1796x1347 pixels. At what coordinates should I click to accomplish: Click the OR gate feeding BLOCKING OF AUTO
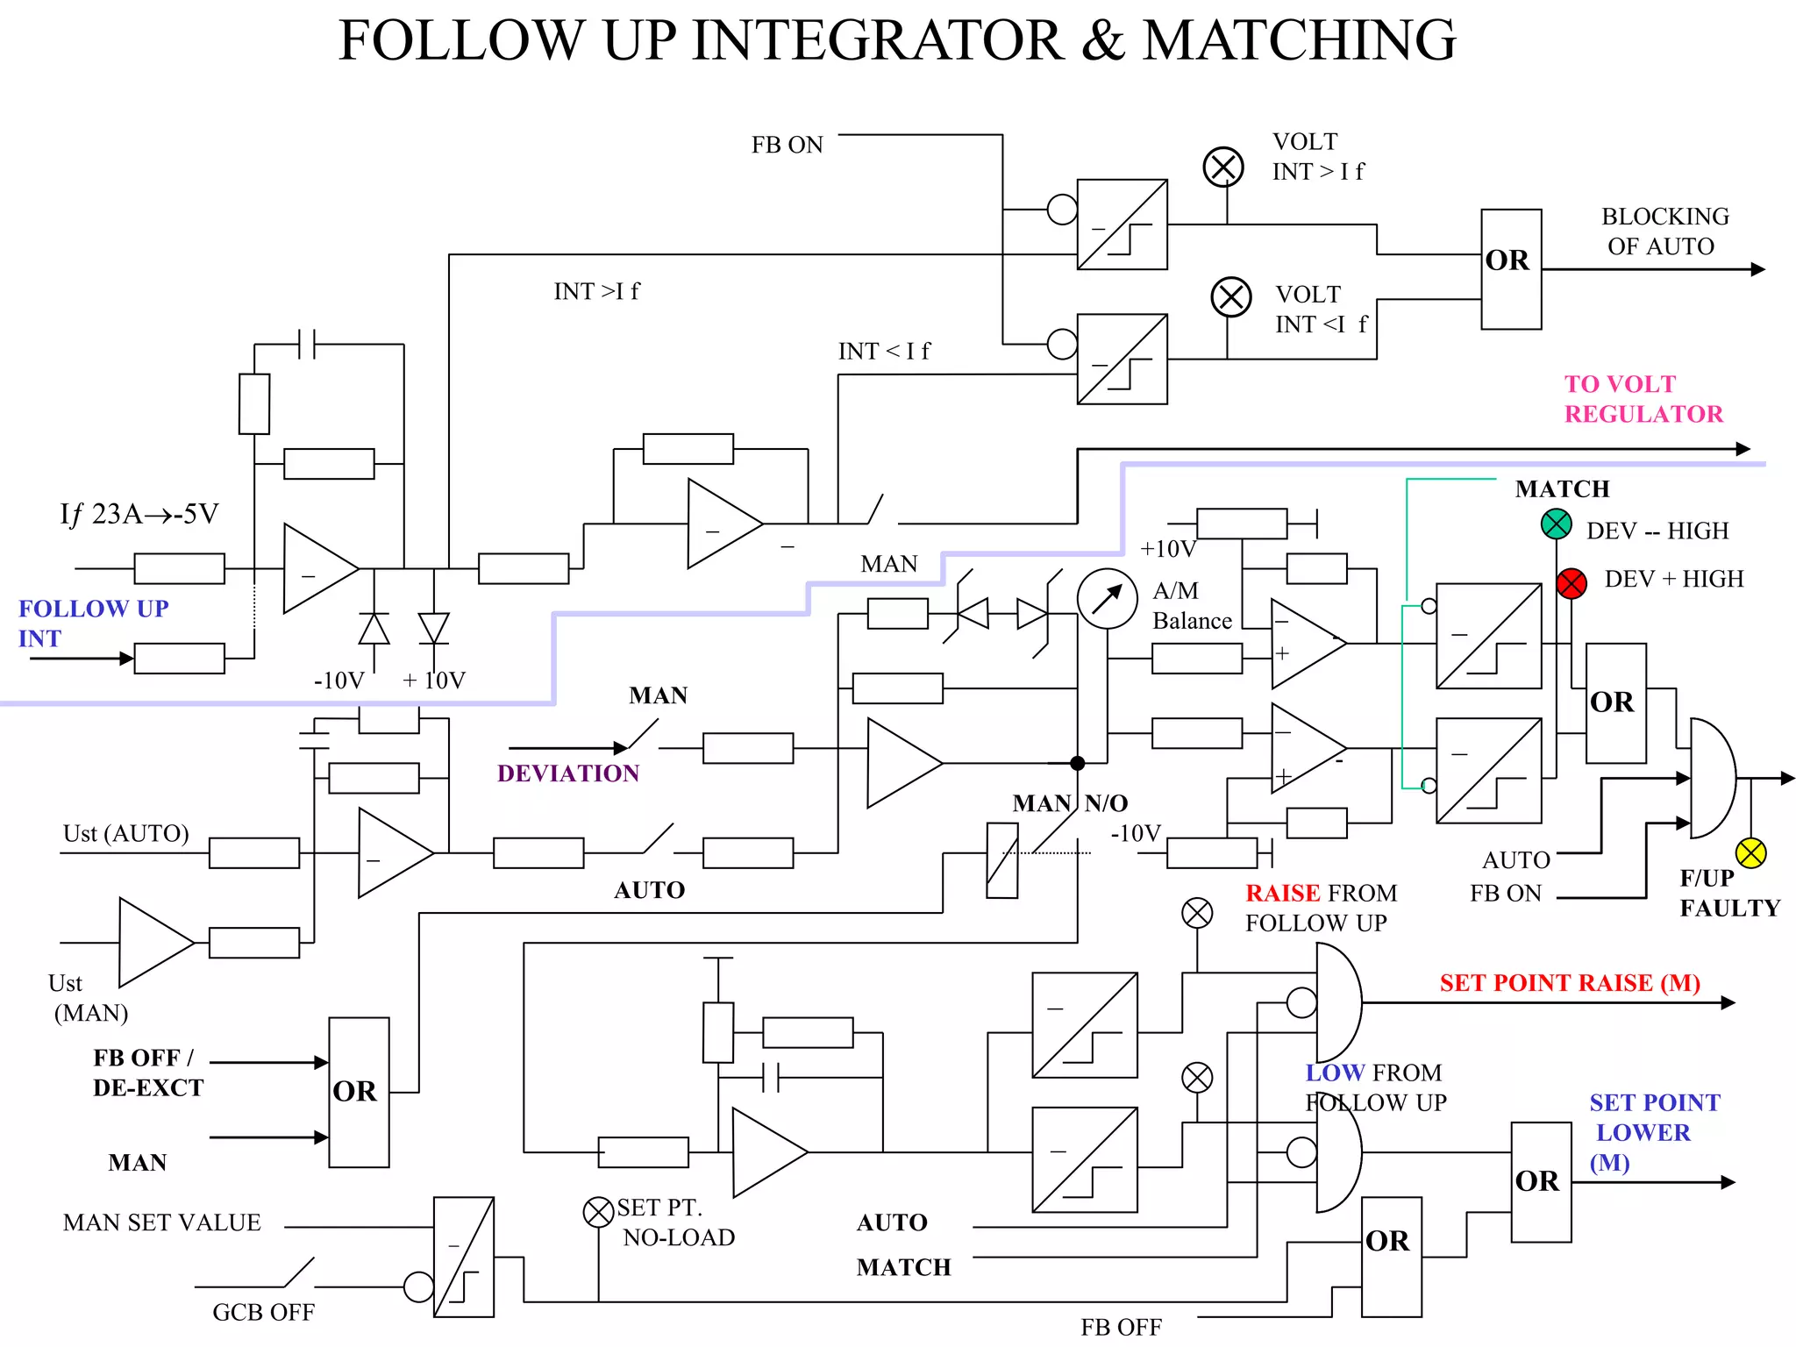1510,268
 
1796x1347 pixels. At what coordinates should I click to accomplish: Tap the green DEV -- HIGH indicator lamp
1556,524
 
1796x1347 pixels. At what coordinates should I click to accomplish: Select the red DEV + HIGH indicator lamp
1571,583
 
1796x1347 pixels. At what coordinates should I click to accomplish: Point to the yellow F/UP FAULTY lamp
1750,852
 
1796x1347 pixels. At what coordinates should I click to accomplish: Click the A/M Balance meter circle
1107,599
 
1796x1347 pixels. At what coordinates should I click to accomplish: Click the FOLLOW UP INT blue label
92,623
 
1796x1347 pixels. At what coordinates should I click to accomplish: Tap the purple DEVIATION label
567,773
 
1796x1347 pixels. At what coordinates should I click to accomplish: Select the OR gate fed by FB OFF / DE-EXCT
358,1092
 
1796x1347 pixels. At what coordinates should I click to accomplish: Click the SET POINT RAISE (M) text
1569,983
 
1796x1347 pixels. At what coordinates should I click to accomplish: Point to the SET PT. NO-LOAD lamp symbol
598,1213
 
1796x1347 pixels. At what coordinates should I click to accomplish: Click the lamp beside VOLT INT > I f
1222,167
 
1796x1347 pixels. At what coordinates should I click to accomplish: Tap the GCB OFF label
263,1312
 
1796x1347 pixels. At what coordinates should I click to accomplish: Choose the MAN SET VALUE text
162,1222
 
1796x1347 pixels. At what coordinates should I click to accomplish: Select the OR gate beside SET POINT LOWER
1540,1181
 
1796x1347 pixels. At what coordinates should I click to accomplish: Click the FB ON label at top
787,145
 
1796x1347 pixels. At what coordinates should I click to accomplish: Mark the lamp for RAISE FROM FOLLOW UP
1196,913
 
